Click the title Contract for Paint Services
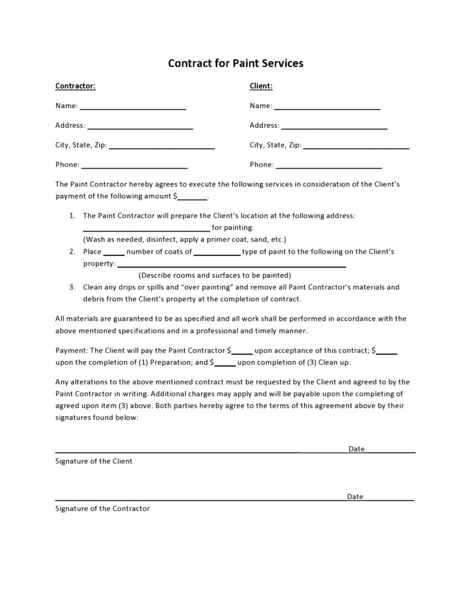coord(235,63)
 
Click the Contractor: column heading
coord(75,86)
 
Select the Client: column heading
coord(261,86)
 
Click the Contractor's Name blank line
coord(133,107)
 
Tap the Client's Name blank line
coord(327,107)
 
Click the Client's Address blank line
coord(334,127)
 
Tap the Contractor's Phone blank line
coord(134,166)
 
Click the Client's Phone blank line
coord(329,166)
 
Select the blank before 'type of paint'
coord(217,253)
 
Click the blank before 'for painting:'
coord(146,229)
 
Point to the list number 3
coord(72,287)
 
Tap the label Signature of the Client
coord(94,462)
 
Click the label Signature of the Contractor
coord(102,509)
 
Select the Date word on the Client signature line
coord(356,449)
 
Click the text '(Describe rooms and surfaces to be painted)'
coord(214,276)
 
